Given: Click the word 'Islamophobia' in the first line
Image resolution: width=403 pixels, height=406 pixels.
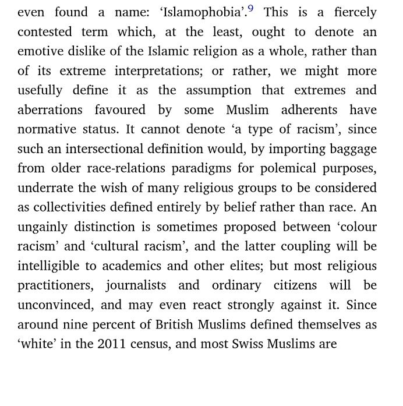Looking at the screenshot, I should (x=201, y=12).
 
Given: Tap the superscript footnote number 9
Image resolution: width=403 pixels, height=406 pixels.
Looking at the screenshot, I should (x=250, y=9).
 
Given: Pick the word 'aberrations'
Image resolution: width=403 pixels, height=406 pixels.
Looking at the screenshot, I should (x=51, y=110).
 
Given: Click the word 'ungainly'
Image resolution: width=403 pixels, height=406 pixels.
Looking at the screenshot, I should (x=43, y=227).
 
